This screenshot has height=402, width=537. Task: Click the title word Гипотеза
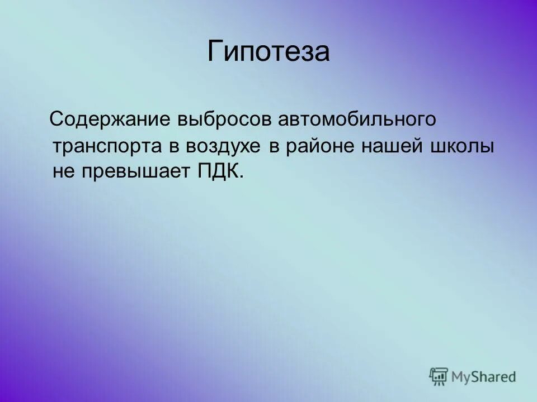268,52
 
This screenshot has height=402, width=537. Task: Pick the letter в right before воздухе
173,146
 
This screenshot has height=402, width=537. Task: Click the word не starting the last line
62,172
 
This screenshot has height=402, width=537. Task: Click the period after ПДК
242,177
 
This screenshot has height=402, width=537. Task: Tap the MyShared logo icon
439,377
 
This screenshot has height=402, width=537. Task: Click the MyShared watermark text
484,377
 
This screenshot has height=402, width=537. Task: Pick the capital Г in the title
215,51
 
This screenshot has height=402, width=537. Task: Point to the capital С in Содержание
58,119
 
